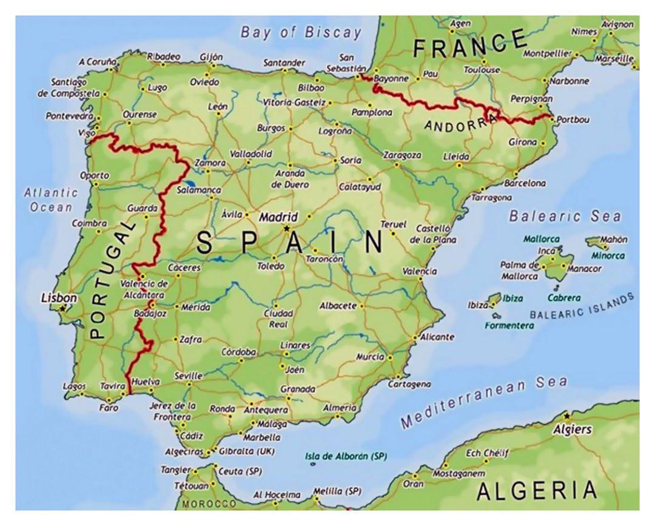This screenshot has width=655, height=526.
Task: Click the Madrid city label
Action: tap(279, 217)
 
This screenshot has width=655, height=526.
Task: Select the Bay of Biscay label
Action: tap(301, 32)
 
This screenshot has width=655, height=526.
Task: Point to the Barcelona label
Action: tap(525, 183)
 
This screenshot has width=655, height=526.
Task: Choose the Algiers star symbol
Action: tap(566, 416)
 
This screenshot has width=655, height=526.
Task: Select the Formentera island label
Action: tap(509, 326)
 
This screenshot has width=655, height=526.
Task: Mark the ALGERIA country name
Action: tap(537, 490)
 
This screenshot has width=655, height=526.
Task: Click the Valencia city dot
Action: tap(420, 278)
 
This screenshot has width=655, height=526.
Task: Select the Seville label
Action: tap(188, 376)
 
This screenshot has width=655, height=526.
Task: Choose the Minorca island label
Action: tap(608, 255)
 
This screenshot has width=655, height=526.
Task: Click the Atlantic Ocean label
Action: tap(52, 200)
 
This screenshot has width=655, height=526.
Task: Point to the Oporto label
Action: tap(95, 175)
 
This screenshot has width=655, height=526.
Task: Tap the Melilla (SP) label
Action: tap(337, 491)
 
